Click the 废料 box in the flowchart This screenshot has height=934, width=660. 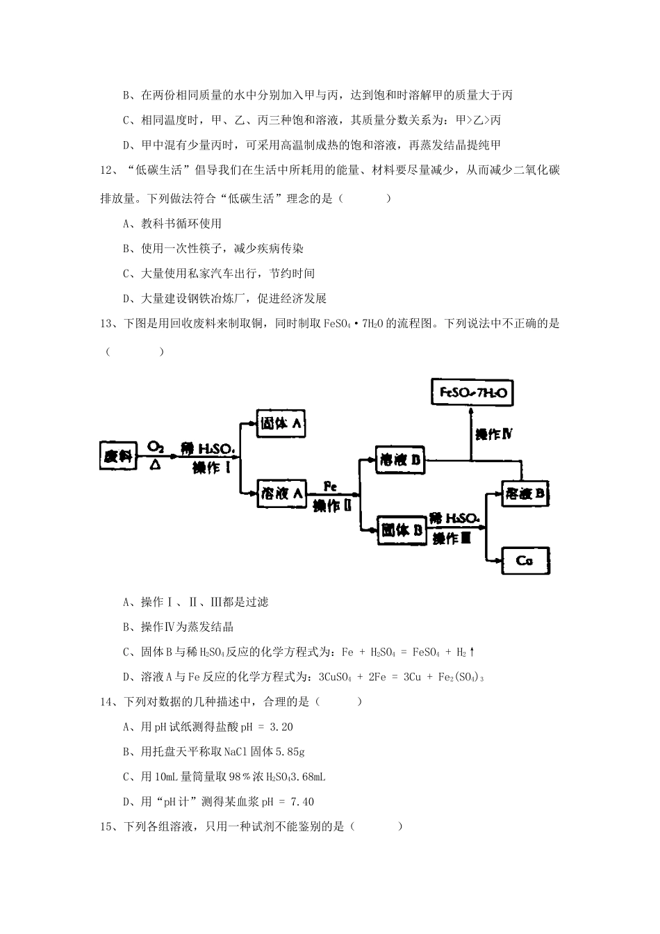[x=117, y=456]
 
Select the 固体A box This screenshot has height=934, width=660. [x=281, y=423]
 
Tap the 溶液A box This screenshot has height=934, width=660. [x=281, y=493]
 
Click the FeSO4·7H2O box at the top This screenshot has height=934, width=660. [x=472, y=393]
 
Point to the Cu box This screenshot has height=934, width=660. [x=525, y=559]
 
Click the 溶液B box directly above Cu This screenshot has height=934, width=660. [x=525, y=494]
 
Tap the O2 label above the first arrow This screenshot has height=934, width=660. [x=155, y=446]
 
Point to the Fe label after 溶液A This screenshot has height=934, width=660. [x=331, y=487]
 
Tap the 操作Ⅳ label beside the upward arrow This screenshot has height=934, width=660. [x=494, y=434]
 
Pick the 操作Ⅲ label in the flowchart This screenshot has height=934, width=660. [x=452, y=538]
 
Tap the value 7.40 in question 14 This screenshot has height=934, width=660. [x=299, y=802]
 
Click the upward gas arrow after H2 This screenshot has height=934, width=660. [x=472, y=652]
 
